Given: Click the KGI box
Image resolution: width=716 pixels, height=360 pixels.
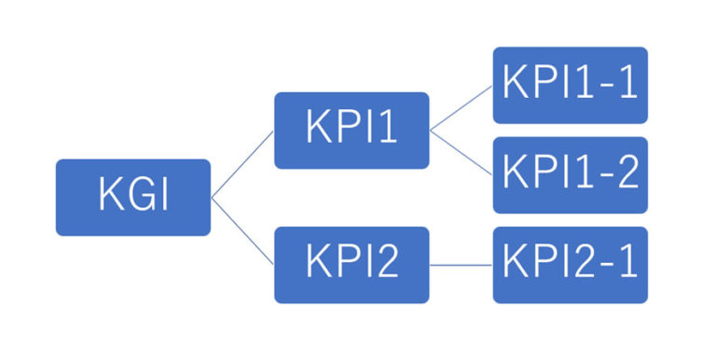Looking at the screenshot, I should (133, 197).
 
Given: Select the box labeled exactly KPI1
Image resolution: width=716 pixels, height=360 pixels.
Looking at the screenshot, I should (351, 130).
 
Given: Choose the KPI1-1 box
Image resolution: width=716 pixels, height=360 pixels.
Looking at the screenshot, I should (570, 85).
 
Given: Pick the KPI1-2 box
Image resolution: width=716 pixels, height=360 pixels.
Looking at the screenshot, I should (570, 174).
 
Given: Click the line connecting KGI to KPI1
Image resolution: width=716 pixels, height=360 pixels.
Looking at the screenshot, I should (242, 164).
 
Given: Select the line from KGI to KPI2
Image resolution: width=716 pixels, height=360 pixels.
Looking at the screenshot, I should (242, 231).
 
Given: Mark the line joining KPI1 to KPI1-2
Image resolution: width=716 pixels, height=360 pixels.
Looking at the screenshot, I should (461, 152).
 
